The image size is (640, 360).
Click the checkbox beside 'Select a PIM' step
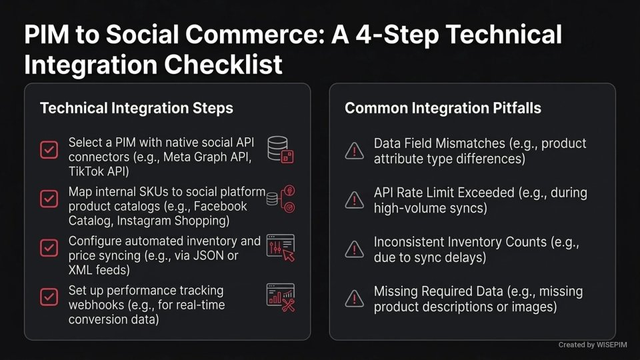tap(49, 149)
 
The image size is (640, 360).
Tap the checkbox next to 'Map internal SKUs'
tap(49, 198)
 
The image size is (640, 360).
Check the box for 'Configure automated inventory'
tap(49, 247)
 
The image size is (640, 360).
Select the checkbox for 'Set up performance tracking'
tap(49, 296)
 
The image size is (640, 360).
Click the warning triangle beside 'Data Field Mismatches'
tap(353, 151)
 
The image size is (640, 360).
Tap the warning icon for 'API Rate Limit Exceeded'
tap(353, 200)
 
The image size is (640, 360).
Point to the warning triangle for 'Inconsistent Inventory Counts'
tap(353, 249)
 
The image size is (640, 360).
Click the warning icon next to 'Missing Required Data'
tap(353, 299)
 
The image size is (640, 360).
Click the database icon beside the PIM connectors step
tap(280, 149)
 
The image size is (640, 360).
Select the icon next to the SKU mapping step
tap(281, 199)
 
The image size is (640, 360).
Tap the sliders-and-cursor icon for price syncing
tap(280, 247)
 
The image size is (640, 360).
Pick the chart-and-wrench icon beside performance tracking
tap(280, 297)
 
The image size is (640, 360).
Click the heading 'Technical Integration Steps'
tap(137, 108)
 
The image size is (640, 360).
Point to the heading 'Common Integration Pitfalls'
tap(443, 108)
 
